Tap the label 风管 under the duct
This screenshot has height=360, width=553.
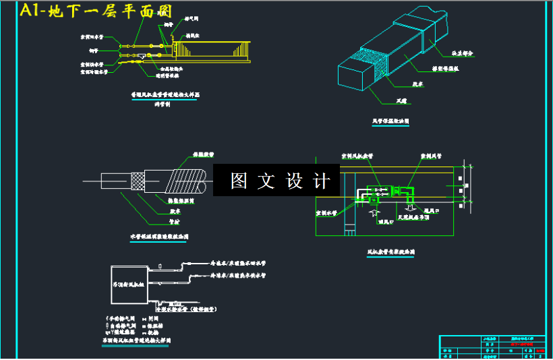402,101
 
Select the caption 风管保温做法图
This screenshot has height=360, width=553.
390,121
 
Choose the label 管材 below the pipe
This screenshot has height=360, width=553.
174,220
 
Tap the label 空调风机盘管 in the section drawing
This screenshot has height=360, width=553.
357,155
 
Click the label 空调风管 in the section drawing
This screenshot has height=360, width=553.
430,155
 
